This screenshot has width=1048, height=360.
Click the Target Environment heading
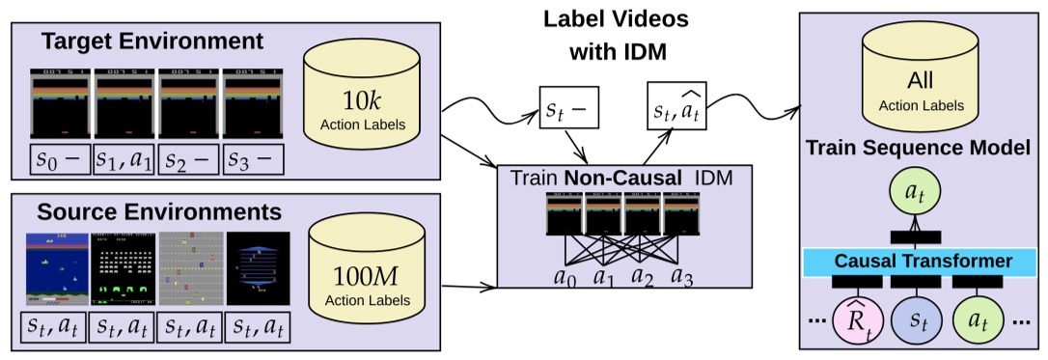pyautogui.click(x=152, y=42)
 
